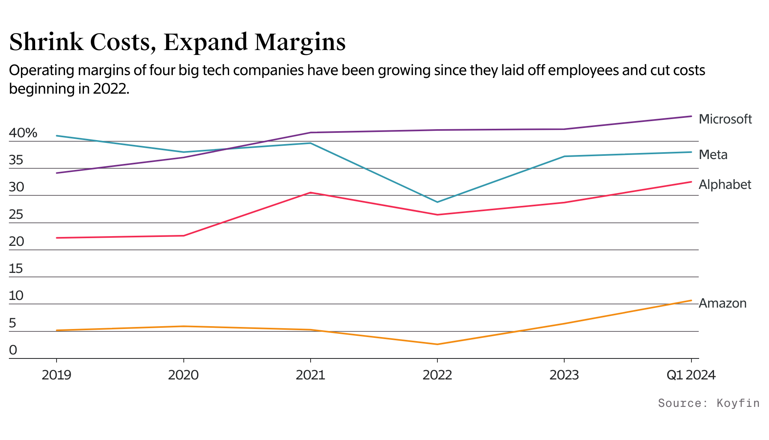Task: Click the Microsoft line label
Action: click(x=725, y=119)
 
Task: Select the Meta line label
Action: click(x=713, y=155)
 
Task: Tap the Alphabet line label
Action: click(x=725, y=184)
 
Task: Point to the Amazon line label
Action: click(x=722, y=303)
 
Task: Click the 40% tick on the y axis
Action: click(x=23, y=133)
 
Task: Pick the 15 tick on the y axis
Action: click(x=16, y=268)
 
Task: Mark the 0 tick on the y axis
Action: click(x=13, y=350)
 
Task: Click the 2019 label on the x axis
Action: click(x=57, y=375)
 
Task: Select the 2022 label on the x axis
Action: click(x=437, y=375)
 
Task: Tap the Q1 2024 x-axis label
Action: click(x=691, y=375)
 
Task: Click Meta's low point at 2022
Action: click(x=437, y=202)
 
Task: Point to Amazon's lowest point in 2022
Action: click(x=437, y=344)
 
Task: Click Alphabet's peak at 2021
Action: click(x=310, y=193)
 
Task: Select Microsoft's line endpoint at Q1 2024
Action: click(x=691, y=116)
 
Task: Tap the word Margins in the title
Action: click(x=300, y=42)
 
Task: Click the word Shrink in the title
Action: click(x=46, y=42)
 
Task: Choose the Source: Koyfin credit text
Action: click(x=708, y=403)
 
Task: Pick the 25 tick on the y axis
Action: click(x=16, y=214)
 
